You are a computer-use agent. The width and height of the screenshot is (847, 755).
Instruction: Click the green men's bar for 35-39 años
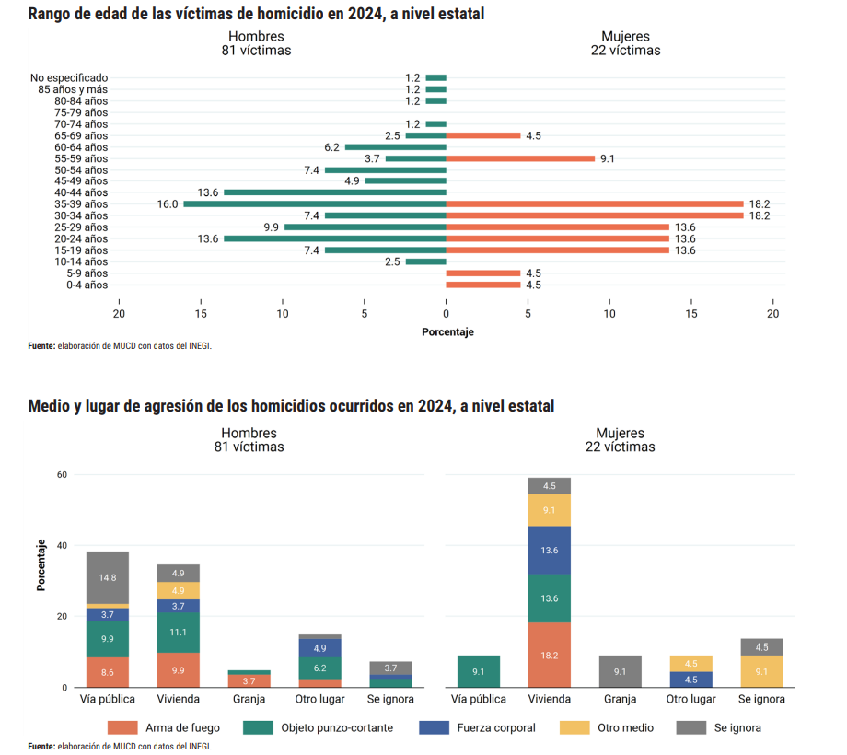(x=315, y=204)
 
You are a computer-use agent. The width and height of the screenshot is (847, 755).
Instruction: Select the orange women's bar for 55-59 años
(x=520, y=158)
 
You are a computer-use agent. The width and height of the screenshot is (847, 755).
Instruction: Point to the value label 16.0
(x=168, y=204)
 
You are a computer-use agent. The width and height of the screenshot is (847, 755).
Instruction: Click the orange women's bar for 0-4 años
(x=483, y=285)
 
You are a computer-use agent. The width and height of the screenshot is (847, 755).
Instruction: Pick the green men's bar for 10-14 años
(x=425, y=261)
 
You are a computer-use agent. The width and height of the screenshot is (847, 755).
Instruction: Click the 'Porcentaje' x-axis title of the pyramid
(x=447, y=331)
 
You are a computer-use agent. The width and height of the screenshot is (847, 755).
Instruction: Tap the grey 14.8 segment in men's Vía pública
(x=108, y=577)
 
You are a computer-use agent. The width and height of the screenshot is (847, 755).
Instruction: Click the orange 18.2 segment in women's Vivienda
(x=550, y=654)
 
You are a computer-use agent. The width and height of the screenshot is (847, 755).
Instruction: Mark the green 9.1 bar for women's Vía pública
(x=479, y=671)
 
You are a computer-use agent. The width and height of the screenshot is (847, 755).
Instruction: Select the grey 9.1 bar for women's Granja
(x=621, y=671)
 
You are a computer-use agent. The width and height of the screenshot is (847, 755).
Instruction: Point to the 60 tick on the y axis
(x=63, y=475)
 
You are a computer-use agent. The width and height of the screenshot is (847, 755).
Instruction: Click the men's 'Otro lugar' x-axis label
(x=319, y=699)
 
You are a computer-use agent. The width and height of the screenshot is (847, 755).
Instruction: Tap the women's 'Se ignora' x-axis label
(x=761, y=699)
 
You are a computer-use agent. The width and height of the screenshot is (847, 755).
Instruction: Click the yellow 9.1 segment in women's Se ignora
(x=761, y=671)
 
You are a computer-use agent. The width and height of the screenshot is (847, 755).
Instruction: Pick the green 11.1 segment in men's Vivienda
(x=178, y=633)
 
